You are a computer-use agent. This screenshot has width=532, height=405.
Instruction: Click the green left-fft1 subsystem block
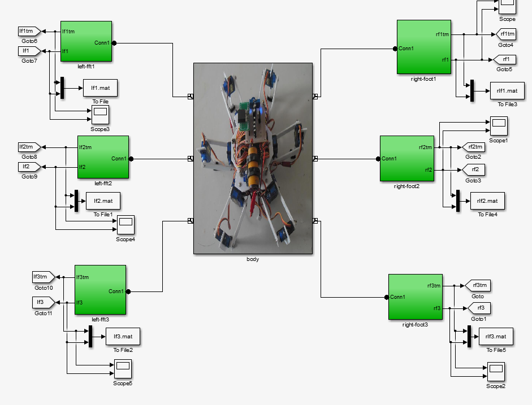pyautogui.click(x=86, y=42)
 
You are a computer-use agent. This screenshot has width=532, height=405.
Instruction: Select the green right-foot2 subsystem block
pyautogui.click(x=406, y=158)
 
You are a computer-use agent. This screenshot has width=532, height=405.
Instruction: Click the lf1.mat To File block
pyautogui.click(x=100, y=88)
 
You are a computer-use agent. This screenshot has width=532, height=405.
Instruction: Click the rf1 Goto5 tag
pyautogui.click(x=505, y=59)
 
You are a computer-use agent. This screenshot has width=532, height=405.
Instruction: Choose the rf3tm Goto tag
pyautogui.click(x=478, y=285)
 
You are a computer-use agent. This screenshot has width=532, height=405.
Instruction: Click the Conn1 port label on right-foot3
pyautogui.click(x=399, y=297)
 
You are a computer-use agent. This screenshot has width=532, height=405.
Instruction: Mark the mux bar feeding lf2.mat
pyautogui.click(x=76, y=201)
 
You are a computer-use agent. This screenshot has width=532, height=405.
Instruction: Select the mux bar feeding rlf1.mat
pyautogui.click(x=471, y=91)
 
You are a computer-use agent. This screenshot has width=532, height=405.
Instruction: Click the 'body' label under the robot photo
pyautogui.click(x=253, y=259)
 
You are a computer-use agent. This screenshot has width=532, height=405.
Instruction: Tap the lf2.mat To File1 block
pyautogui.click(x=103, y=201)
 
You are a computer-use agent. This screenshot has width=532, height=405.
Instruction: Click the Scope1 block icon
pyautogui.click(x=498, y=125)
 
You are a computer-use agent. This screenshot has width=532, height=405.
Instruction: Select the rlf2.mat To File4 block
pyautogui.click(x=487, y=201)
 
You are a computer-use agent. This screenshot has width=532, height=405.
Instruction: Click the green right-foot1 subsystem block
pyautogui.click(x=423, y=47)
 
